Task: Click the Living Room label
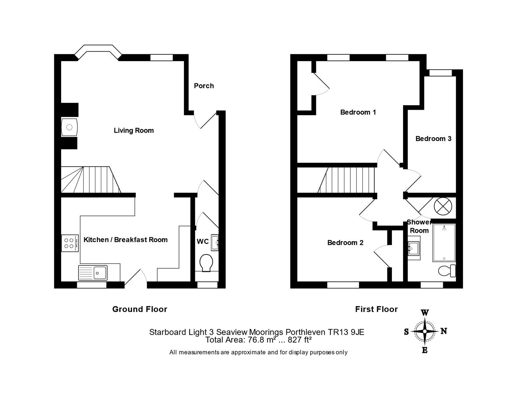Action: pyautogui.click(x=133, y=130)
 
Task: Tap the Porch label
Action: pyautogui.click(x=203, y=86)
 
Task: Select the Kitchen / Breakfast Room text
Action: pyautogui.click(x=125, y=240)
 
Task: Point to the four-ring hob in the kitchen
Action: pyautogui.click(x=70, y=243)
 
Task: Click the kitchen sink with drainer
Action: pyautogui.click(x=93, y=273)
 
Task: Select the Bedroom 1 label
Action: pyautogui.click(x=358, y=112)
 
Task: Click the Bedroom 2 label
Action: pyautogui.click(x=345, y=242)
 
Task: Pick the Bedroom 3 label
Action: pyautogui.click(x=433, y=138)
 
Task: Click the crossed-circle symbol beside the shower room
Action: pyautogui.click(x=443, y=206)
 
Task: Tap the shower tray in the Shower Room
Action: pyautogui.click(x=444, y=243)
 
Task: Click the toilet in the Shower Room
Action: pyautogui.click(x=447, y=271)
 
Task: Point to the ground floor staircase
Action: pyautogui.click(x=91, y=179)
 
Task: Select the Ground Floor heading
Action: pyautogui.click(x=140, y=309)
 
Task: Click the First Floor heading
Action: pyautogui.click(x=376, y=309)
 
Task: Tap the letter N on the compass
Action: pyautogui.click(x=444, y=331)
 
